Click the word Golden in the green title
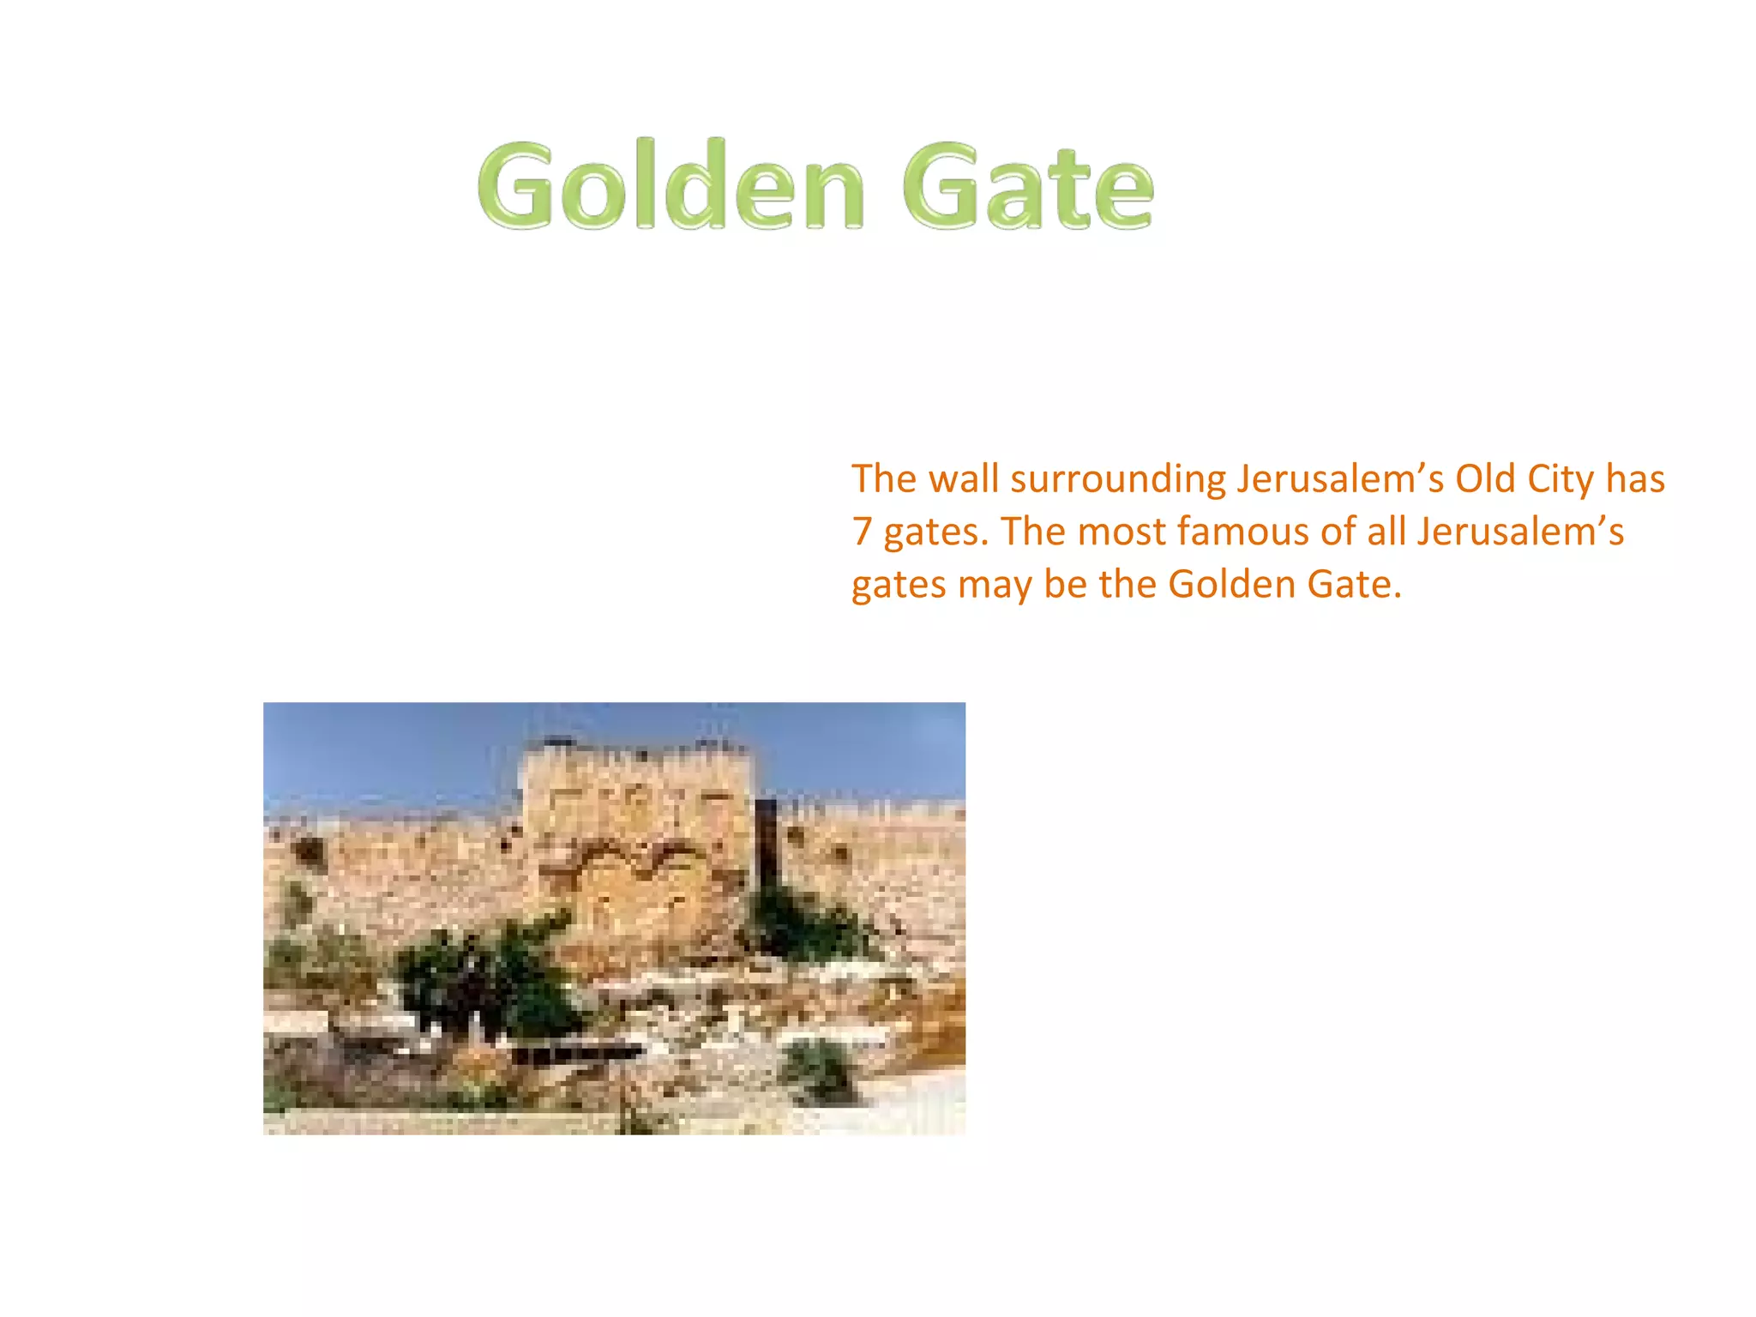pyautogui.click(x=671, y=186)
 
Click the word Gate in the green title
pyautogui.click(x=1027, y=186)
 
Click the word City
pyautogui.click(x=1561, y=480)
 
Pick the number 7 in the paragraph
pyautogui.click(x=862, y=532)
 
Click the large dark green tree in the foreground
pyautogui.click(x=480, y=977)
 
